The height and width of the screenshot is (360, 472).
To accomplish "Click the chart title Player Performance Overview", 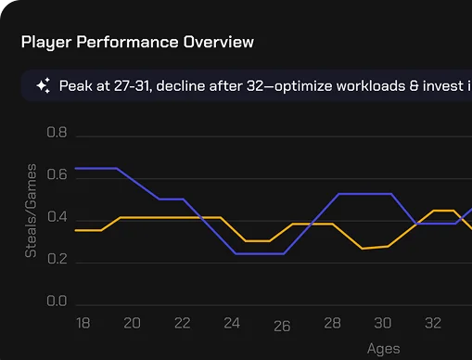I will click(x=137, y=43).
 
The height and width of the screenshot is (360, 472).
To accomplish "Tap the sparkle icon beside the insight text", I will click(x=43, y=86).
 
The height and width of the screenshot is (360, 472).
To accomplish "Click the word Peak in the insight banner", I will click(x=76, y=86).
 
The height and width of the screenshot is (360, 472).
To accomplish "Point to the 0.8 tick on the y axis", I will click(x=57, y=134).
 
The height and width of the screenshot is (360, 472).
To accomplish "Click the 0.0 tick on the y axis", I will click(x=57, y=302).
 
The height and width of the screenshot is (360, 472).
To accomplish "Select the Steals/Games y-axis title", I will click(x=31, y=211).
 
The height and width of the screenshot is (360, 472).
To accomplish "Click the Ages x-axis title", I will click(x=383, y=349).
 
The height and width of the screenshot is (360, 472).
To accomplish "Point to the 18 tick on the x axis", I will click(x=82, y=323).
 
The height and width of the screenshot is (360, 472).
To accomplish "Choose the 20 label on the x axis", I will click(x=132, y=323).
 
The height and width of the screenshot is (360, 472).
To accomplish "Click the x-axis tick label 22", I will click(x=182, y=323).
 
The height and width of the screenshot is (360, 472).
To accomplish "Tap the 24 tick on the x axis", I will click(x=232, y=323).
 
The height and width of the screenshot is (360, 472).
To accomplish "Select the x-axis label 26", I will click(x=282, y=327).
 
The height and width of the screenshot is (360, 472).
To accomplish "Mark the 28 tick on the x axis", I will click(x=332, y=323).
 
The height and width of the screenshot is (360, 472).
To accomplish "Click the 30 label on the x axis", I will click(x=382, y=323).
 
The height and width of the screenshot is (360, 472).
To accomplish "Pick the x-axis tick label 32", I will click(x=432, y=323).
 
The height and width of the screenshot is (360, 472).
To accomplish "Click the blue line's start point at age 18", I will click(x=75, y=168).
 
